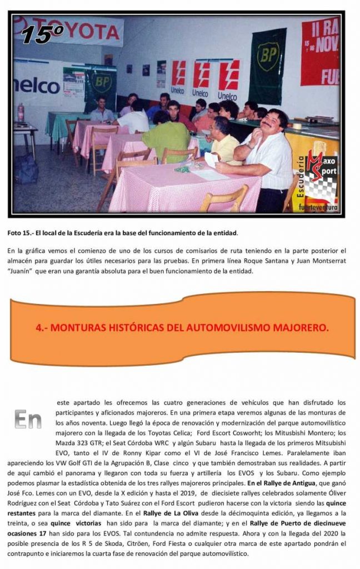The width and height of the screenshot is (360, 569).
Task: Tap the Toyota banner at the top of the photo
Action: [x=83, y=31]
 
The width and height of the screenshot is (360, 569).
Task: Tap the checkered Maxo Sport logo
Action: [x=322, y=178]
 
